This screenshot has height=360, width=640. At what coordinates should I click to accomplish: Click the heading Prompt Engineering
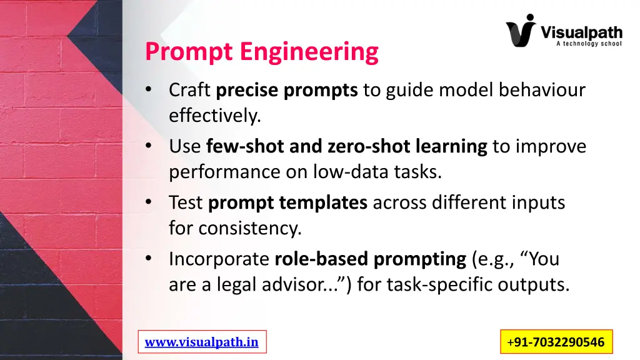pyautogui.click(x=261, y=52)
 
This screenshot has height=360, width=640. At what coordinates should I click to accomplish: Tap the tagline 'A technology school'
pyautogui.click(x=588, y=44)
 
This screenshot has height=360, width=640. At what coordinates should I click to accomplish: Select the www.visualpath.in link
pyautogui.click(x=201, y=342)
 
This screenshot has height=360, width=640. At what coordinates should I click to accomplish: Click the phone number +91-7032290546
pyautogui.click(x=556, y=342)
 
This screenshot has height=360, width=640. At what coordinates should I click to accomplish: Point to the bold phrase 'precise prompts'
pyautogui.click(x=287, y=91)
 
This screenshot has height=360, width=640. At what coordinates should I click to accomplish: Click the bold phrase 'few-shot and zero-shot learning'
pyautogui.click(x=346, y=147)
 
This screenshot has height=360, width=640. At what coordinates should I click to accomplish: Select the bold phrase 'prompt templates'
pyautogui.click(x=287, y=203)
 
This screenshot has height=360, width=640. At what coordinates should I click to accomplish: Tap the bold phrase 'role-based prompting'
pyautogui.click(x=371, y=259)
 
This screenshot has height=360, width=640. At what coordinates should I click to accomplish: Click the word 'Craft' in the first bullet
pyautogui.click(x=190, y=91)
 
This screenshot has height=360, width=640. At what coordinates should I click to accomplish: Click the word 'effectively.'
pyautogui.click(x=214, y=116)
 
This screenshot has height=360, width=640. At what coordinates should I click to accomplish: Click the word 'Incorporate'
pyautogui.click(x=219, y=259)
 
